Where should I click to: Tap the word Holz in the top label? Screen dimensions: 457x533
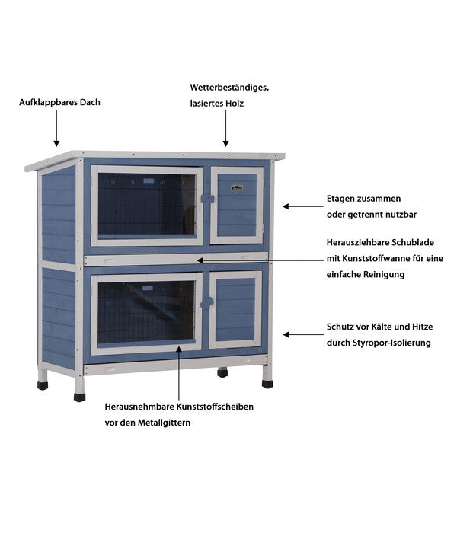tap(235, 103)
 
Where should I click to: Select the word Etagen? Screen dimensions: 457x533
tap(340, 199)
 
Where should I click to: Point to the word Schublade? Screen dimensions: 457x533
tap(413, 242)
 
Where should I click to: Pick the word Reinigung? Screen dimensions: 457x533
tap(384, 275)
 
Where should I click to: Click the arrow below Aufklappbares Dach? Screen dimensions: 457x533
tap(56, 128)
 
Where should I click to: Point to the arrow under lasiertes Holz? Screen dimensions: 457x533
tap(225, 128)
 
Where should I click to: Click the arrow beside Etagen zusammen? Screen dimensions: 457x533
tap(303, 206)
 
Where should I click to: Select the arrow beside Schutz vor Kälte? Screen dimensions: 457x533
tap(303, 335)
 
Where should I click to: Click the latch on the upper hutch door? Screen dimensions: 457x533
tap(207, 199)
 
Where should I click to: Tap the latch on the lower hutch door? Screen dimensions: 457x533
tap(206, 303)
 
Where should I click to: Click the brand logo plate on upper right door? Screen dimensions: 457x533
tap(237, 187)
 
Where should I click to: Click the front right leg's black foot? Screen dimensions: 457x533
tap(267, 384)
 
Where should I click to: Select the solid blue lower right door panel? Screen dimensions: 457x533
tap(235, 310)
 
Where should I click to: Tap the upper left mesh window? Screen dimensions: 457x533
tap(146, 204)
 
